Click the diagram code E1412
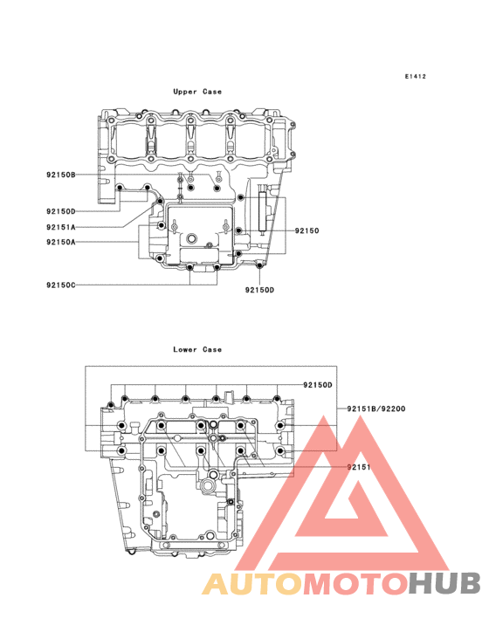(x=416, y=76)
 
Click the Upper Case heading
(x=197, y=92)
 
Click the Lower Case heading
(x=197, y=350)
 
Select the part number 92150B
(x=61, y=175)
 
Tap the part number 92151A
(x=61, y=227)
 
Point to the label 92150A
(x=61, y=242)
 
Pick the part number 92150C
(x=61, y=285)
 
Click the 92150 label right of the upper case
(x=307, y=230)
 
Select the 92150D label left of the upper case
(x=61, y=211)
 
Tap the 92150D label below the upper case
(x=259, y=290)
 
